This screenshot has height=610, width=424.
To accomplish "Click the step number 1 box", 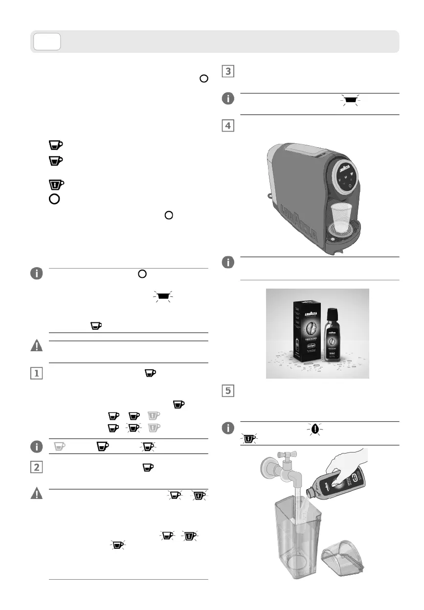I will [x=36, y=373].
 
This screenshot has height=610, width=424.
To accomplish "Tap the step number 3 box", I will [x=227, y=71].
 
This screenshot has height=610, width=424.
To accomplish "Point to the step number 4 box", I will [x=227, y=125].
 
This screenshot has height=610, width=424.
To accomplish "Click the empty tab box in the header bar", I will [x=47, y=42].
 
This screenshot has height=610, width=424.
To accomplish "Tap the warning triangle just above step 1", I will [x=36, y=346].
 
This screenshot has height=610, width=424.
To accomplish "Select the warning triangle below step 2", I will [x=36, y=494].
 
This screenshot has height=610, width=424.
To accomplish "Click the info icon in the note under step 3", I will [x=227, y=99].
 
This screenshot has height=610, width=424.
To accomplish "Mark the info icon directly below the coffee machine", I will [x=227, y=262].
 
